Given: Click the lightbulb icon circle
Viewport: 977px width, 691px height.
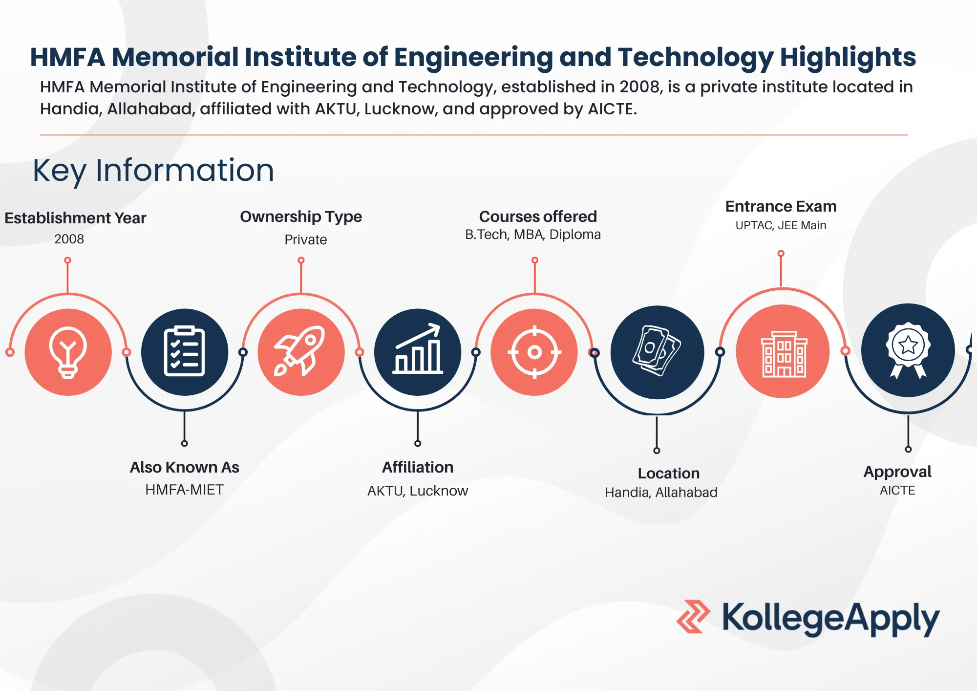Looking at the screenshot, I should click(x=68, y=352).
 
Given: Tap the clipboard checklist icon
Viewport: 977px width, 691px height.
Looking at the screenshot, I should click(x=184, y=352).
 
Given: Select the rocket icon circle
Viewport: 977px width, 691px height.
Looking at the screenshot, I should click(x=301, y=352).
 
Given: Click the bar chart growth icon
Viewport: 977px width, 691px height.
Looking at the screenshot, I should click(x=418, y=352).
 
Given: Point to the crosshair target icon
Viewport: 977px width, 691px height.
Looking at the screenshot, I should click(x=534, y=352).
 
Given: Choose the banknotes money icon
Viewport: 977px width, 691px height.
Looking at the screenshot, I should click(x=657, y=352).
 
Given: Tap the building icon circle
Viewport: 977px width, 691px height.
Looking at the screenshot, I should click(x=783, y=351).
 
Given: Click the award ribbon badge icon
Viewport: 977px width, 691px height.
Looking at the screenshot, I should click(x=908, y=350).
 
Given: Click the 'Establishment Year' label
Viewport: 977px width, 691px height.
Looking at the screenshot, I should click(x=75, y=218).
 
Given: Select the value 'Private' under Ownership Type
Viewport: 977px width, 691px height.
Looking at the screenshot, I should click(x=306, y=239).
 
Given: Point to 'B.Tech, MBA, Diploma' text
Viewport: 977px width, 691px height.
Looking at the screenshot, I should click(x=533, y=235).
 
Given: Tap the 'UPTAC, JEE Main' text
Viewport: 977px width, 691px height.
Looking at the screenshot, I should click(x=781, y=225).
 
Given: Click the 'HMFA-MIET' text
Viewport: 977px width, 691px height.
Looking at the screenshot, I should click(x=184, y=489).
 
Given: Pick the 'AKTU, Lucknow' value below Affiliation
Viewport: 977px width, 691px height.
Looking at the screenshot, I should click(x=418, y=491).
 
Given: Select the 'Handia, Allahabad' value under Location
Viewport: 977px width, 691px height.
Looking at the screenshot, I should click(x=661, y=492).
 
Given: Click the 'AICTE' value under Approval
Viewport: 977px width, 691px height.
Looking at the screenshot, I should click(x=897, y=490).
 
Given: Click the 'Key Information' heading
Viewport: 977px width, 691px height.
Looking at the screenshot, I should click(x=153, y=171).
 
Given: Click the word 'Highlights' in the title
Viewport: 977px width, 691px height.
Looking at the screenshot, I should click(x=848, y=57).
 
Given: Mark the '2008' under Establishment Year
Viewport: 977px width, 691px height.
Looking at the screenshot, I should click(x=69, y=239).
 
